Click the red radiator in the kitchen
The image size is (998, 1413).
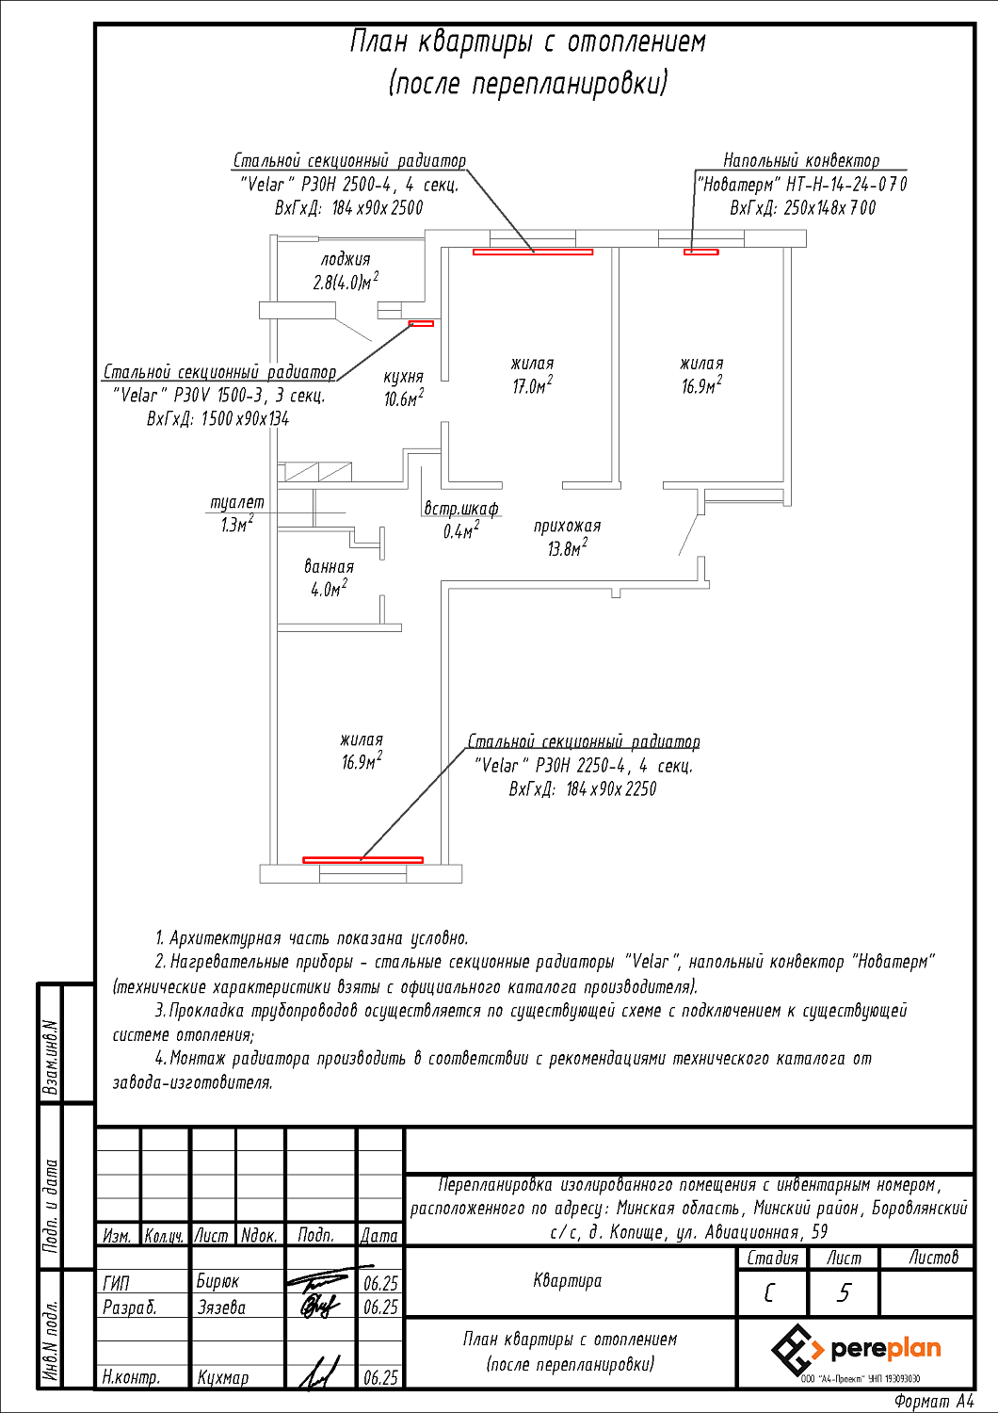click(x=421, y=323)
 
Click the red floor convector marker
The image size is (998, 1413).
click(x=700, y=252)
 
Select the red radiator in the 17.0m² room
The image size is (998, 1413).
click(x=533, y=252)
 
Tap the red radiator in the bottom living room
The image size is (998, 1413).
click(x=362, y=859)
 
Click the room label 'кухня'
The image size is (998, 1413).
click(x=403, y=377)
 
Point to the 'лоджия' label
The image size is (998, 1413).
click(x=346, y=259)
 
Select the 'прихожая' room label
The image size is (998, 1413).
click(x=567, y=526)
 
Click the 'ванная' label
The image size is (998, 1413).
click(x=329, y=566)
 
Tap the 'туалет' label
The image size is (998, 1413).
click(x=236, y=502)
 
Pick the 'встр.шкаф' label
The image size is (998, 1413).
click(x=461, y=508)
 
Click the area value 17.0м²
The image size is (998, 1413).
click(x=532, y=385)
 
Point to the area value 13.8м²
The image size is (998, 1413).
click(x=567, y=548)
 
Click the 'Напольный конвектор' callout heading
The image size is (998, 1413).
click(x=801, y=160)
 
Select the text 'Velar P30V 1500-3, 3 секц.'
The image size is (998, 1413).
click(x=218, y=396)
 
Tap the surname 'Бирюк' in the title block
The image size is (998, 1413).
click(x=217, y=1281)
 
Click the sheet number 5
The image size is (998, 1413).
click(x=844, y=1292)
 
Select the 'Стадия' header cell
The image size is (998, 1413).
click(x=772, y=1258)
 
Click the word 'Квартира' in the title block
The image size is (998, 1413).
click(x=567, y=1280)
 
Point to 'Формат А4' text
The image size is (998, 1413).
click(x=934, y=1402)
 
